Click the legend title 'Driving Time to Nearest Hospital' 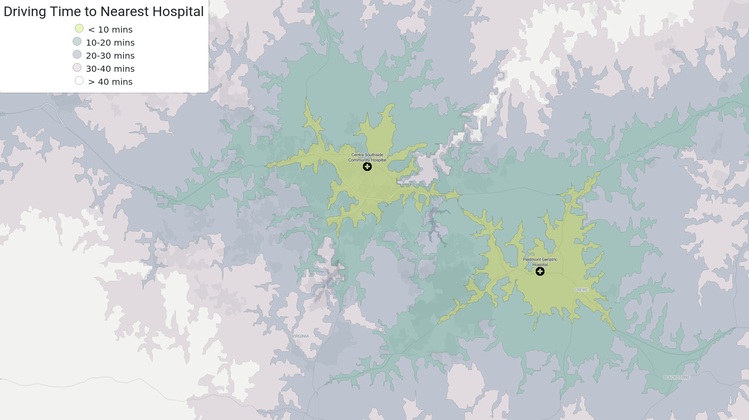click(104, 12)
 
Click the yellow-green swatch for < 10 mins click(79, 28)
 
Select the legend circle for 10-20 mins click(77, 41)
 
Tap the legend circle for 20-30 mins click(77, 54)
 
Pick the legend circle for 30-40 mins click(77, 67)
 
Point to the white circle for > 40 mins click(79, 80)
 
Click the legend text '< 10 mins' click(110, 30)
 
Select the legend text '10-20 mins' click(110, 43)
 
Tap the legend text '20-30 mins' click(110, 56)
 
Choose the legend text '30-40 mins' click(110, 69)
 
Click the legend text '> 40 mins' click(110, 82)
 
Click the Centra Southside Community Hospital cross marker click(367, 167)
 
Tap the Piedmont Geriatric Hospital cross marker click(540, 271)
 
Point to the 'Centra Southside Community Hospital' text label click(367, 157)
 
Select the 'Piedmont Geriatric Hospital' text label click(540, 262)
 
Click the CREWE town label click(581, 290)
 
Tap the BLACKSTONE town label click(676, 377)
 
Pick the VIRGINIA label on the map click(300, 336)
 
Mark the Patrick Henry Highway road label click(637, 150)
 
